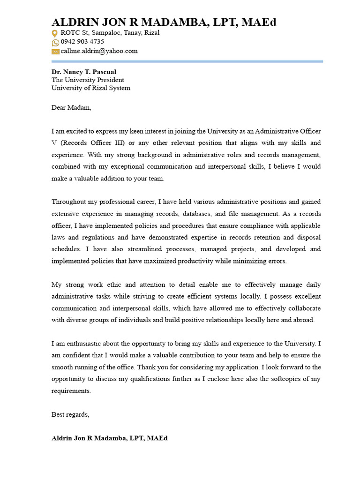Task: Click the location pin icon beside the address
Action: click(x=55, y=33)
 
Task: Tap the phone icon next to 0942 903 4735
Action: click(x=55, y=42)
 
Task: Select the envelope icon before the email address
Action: click(x=55, y=52)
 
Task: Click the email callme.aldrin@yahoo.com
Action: click(x=99, y=51)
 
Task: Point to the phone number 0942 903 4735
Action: click(x=82, y=42)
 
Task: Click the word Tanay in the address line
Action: click(x=129, y=33)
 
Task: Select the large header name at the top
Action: click(x=164, y=22)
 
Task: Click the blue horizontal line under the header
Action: click(x=187, y=61)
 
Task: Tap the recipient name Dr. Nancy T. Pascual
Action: click(x=84, y=72)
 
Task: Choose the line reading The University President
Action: click(x=88, y=80)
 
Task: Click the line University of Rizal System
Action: click(x=91, y=88)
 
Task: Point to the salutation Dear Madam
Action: click(x=71, y=108)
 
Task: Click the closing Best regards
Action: click(x=70, y=415)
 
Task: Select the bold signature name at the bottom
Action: click(x=109, y=438)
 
